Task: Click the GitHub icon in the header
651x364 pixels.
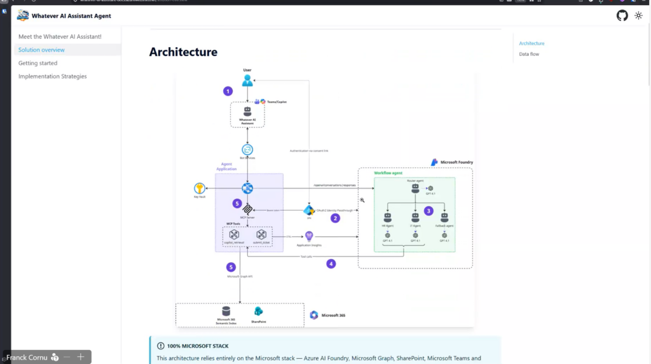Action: [622, 15]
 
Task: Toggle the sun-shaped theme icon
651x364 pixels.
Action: [638, 15]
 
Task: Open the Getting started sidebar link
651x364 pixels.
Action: [38, 63]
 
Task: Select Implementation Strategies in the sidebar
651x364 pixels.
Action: [52, 76]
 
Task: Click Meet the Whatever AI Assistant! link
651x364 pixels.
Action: [60, 37]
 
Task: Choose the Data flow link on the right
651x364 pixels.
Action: [529, 54]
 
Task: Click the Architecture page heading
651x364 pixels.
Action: [183, 52]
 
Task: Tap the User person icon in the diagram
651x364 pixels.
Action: [247, 80]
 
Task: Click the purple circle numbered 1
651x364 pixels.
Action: [228, 91]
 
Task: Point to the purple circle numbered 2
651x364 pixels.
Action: [335, 218]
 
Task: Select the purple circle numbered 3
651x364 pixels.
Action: [428, 211]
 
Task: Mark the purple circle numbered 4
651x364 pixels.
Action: [331, 263]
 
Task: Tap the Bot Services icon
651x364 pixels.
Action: [247, 150]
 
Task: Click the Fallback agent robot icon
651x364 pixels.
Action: [444, 218]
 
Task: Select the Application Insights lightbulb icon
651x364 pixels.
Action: [309, 236]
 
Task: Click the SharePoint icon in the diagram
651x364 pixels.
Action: [259, 311]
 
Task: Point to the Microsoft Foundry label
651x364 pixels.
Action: [456, 162]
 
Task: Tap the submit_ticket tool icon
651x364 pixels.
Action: [261, 235]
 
